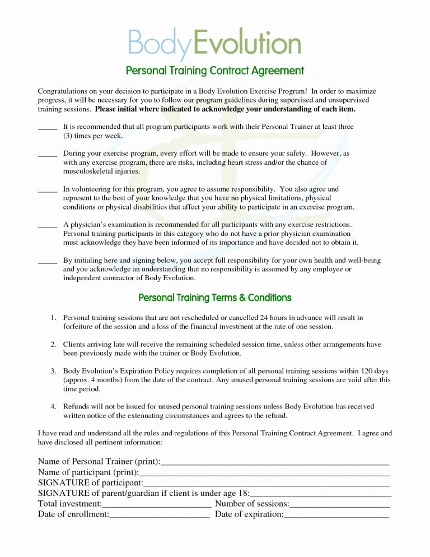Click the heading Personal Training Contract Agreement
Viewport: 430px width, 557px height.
click(x=214, y=71)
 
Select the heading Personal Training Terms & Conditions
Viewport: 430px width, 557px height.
click(x=214, y=298)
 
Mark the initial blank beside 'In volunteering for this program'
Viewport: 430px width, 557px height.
click(x=47, y=191)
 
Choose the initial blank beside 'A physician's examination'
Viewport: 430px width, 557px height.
click(x=47, y=226)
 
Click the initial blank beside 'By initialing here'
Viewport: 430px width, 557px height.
click(x=47, y=262)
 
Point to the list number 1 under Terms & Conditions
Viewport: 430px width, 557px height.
click(x=53, y=318)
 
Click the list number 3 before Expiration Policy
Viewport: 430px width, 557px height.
click(x=53, y=371)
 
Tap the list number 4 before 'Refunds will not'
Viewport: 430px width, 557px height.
click(x=53, y=406)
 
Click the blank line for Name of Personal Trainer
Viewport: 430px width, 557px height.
click(x=274, y=463)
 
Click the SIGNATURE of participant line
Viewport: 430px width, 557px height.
click(x=267, y=484)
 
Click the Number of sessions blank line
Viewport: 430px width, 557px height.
click(x=339, y=505)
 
